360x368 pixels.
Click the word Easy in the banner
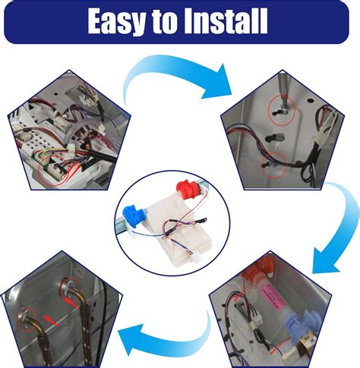pos(117,22)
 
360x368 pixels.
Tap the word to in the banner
pos(165,22)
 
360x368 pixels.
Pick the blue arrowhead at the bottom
pos(131,339)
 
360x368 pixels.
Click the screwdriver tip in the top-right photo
pos(283,109)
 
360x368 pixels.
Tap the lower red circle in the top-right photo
pos(274,165)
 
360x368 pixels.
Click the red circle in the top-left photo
pos(54,169)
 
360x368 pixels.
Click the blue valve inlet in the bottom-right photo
pos(303,325)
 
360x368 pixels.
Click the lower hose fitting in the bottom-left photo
pos(27,319)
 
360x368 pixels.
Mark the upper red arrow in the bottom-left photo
pos(71,303)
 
